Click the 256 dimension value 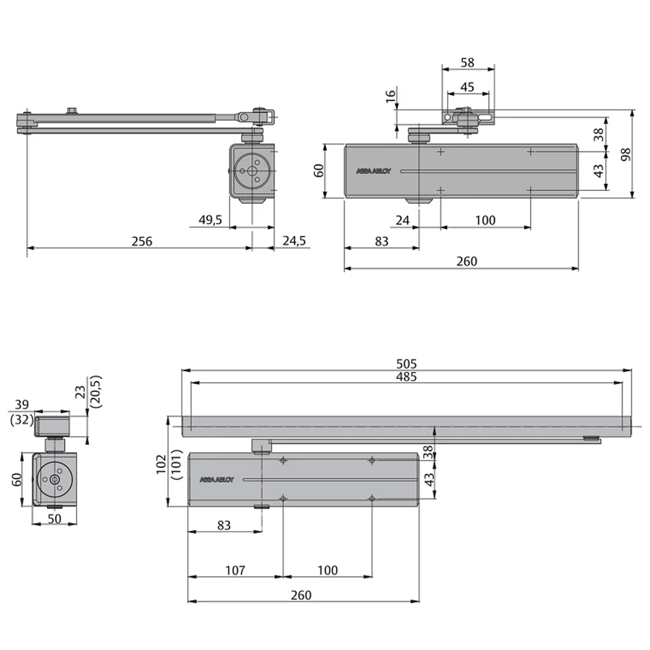click(x=141, y=241)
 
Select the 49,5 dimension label click(x=210, y=220)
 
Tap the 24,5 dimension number click(x=294, y=241)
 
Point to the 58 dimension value click(x=467, y=63)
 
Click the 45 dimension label click(x=467, y=86)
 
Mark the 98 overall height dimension click(x=626, y=155)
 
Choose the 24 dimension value click(x=403, y=220)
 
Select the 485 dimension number click(x=406, y=376)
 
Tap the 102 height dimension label click(x=162, y=463)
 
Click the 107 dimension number click(x=235, y=570)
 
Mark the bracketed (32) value click(x=21, y=420)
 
